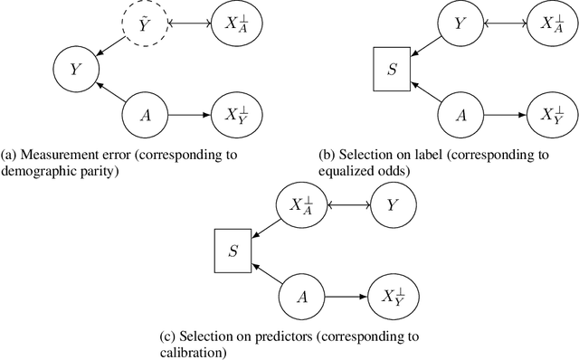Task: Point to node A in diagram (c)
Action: click(301, 295)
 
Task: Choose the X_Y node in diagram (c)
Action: click(392, 295)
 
